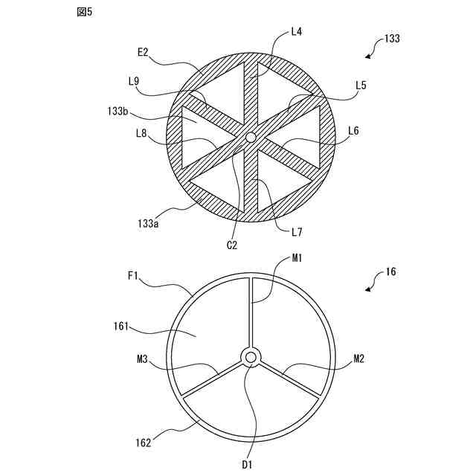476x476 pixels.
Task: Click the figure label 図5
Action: [85, 13]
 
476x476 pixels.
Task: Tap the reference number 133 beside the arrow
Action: [392, 39]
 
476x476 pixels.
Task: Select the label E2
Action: [144, 52]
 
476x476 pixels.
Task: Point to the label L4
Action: [296, 32]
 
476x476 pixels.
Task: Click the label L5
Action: [361, 86]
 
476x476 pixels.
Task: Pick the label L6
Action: [353, 131]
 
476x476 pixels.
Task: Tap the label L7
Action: [297, 233]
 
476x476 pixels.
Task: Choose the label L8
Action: [142, 134]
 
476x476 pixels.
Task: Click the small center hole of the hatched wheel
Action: [251, 137]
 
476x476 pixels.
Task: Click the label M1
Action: [297, 257]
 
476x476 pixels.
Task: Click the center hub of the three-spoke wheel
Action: [251, 358]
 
